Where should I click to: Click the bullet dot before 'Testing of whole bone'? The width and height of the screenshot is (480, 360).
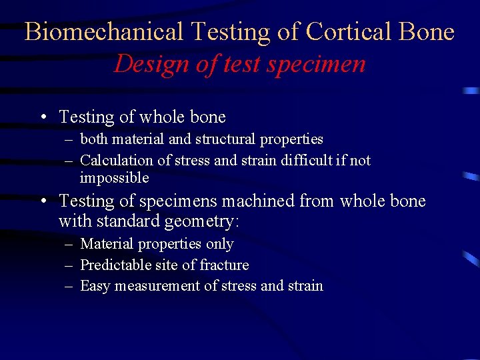coord(42,117)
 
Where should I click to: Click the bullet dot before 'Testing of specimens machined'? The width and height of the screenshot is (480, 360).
coord(42,201)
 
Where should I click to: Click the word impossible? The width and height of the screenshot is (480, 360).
coord(114,178)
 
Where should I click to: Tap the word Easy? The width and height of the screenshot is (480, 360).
coord(95,286)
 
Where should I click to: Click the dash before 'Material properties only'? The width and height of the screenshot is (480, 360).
coord(69,245)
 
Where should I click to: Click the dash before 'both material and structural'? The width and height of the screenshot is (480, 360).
coord(69,139)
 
